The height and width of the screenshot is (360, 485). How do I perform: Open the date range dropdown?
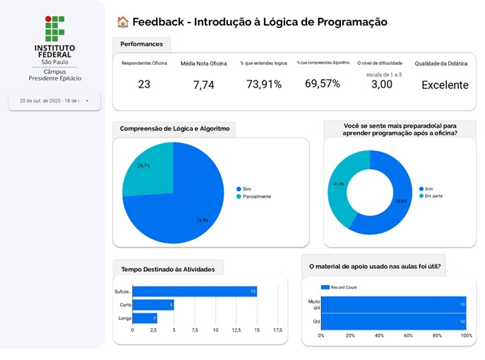pos(54,101)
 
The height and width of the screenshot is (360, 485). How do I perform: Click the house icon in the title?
pos(122,23)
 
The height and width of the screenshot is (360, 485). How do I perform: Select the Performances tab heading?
pos(141,44)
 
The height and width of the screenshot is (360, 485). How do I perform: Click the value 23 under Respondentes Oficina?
pos(144,85)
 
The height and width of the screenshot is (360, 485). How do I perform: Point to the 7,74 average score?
pos(203,85)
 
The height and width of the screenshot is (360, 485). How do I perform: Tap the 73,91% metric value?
pos(263,85)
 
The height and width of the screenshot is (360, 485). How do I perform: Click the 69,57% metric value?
pos(322,84)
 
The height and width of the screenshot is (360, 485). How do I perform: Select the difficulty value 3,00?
pos(381,85)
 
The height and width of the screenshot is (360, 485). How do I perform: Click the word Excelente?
pos(445,85)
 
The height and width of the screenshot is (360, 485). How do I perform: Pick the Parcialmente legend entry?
pos(256,196)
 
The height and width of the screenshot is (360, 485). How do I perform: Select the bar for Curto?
pos(152,305)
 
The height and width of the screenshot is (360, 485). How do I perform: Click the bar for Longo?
pos(144,318)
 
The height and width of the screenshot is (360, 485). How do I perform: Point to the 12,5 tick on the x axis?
pos(237,330)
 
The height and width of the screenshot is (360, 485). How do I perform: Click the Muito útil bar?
pos(393,304)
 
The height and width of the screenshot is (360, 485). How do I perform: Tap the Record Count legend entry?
pos(342,287)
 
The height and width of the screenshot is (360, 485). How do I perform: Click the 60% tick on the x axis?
pos(408,335)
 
